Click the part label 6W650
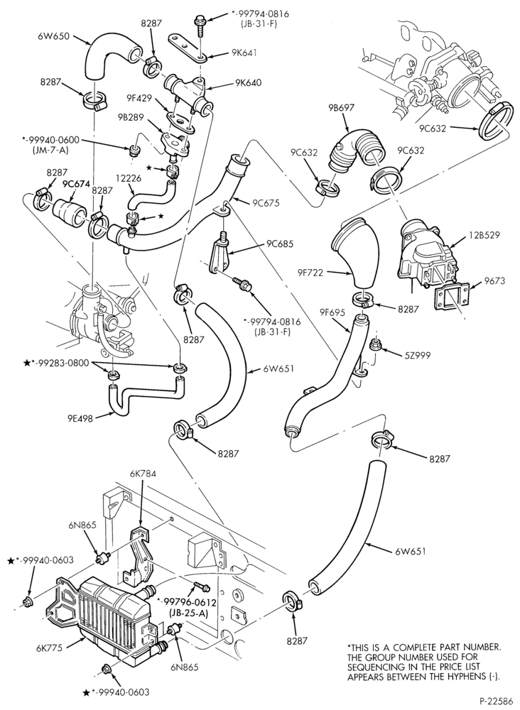pyautogui.click(x=54, y=36)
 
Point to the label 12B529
pyautogui.click(x=484, y=235)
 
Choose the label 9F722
pyautogui.click(x=312, y=272)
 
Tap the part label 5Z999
pyautogui.click(x=416, y=356)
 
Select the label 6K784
pyautogui.click(x=143, y=473)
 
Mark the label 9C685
pyautogui.click(x=281, y=244)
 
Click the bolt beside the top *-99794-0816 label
pyautogui.click(x=200, y=25)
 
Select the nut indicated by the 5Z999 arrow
pyautogui.click(x=376, y=345)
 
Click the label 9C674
pyautogui.click(x=75, y=185)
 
